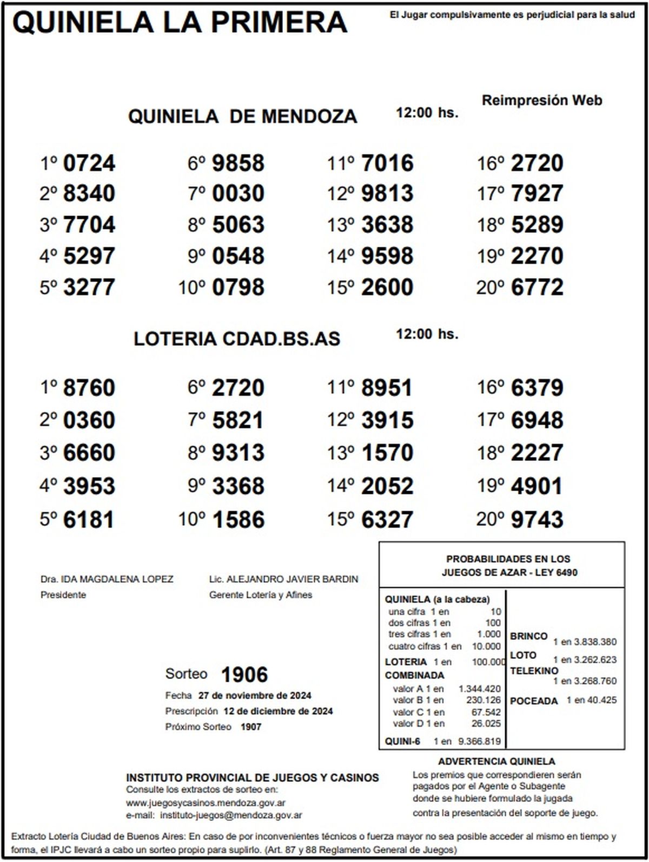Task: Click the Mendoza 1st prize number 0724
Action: [x=89, y=164]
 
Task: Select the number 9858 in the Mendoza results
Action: [x=238, y=164]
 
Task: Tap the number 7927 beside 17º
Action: [x=537, y=194]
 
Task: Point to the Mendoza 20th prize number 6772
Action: [x=537, y=288]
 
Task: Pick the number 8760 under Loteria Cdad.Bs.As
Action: [x=89, y=388]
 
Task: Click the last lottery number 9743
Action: [x=537, y=520]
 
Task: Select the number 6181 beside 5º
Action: [x=89, y=520]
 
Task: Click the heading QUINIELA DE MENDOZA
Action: [x=242, y=116]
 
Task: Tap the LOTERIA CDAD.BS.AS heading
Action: [x=237, y=339]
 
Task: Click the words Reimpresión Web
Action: [x=542, y=101]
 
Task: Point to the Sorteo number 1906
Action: [x=244, y=675]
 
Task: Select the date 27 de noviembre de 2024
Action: [x=255, y=696]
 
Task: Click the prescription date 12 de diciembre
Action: [x=278, y=711]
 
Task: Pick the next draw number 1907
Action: [x=251, y=727]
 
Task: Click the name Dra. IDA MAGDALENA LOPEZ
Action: [x=107, y=579]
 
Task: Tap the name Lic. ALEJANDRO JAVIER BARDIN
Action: [x=283, y=579]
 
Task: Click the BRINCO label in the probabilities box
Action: [x=528, y=636]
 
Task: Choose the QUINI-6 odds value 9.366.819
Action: [x=479, y=742]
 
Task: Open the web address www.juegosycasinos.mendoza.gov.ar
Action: [x=206, y=804]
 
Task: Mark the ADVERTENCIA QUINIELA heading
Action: [x=496, y=762]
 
